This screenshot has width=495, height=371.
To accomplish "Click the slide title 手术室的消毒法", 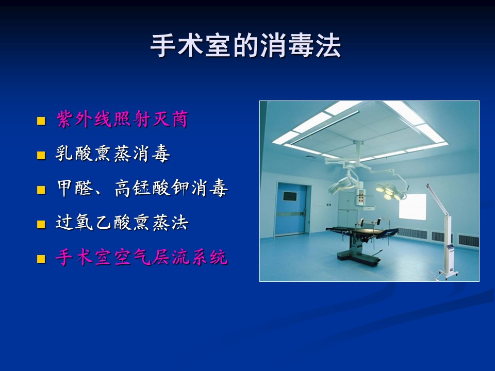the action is pyautogui.click(x=245, y=46).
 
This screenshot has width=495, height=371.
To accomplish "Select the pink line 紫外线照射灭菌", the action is pyautogui.click(x=122, y=119).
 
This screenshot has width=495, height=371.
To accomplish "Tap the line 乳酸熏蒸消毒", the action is pyautogui.click(x=113, y=154).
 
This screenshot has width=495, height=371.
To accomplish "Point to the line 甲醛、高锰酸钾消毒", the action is pyautogui.click(x=142, y=189).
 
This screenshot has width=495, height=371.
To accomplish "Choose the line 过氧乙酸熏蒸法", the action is pyautogui.click(x=122, y=223).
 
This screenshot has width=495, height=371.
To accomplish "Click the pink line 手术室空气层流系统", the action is pyautogui.click(x=142, y=257).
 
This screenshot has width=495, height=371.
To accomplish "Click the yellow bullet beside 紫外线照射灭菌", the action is pyautogui.click(x=41, y=121).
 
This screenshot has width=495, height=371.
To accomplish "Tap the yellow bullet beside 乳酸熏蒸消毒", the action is pyautogui.click(x=41, y=155).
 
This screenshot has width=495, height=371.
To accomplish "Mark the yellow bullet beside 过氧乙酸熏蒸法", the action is pyautogui.click(x=41, y=224).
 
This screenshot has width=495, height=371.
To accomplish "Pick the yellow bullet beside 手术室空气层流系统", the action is pyautogui.click(x=41, y=259).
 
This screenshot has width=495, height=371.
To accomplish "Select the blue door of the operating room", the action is pyautogui.click(x=291, y=210).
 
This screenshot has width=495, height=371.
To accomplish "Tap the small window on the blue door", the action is pyautogui.click(x=289, y=196).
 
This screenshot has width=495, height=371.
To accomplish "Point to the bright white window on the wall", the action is pyautogui.click(x=412, y=206).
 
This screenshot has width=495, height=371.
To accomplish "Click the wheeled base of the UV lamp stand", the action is pyautogui.click(x=444, y=274).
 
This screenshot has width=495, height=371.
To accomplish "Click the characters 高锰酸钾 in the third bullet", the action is pyautogui.click(x=152, y=189).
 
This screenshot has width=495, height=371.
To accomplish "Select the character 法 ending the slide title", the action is pyautogui.click(x=328, y=46).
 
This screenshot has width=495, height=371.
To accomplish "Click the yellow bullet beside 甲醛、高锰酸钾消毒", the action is pyautogui.click(x=41, y=190).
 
